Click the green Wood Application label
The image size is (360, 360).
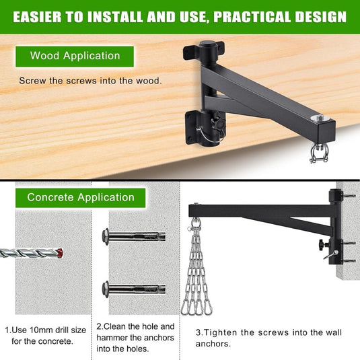tap(75, 57)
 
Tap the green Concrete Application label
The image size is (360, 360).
tap(80, 198)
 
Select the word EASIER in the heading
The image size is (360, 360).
tap(37, 17)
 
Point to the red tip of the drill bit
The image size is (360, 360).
tap(60, 253)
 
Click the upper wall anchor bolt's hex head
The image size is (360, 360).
tap(106, 237)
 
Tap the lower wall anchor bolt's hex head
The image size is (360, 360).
tap(106, 289)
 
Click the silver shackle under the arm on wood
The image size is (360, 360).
tap(318, 153)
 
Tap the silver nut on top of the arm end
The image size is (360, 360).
tap(320, 118)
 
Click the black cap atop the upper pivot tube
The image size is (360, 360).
tap(209, 44)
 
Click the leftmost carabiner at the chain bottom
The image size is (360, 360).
tap(185, 308)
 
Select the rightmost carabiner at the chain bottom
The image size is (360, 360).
tap(208, 308)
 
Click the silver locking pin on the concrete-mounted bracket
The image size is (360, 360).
tap(331, 255)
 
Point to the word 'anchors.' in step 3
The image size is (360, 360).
tap(213, 344)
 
